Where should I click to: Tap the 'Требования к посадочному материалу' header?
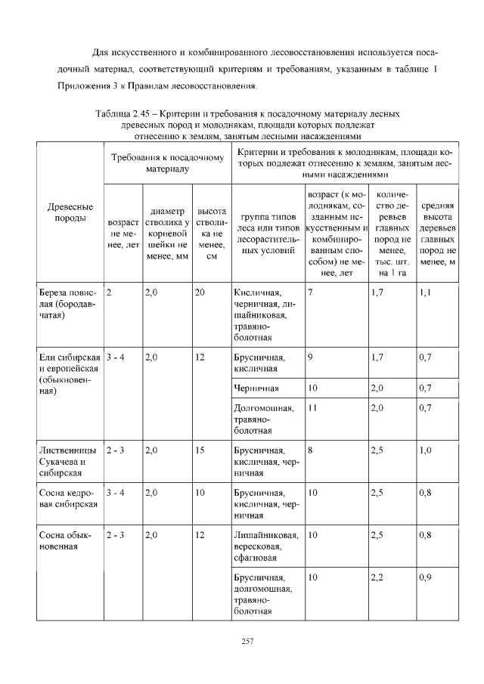coord(167,164)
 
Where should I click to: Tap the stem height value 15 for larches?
coord(200,450)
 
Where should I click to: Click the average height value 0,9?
coord(425,577)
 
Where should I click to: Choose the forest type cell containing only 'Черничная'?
coord(256,388)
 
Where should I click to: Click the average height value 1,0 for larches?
coord(425,450)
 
